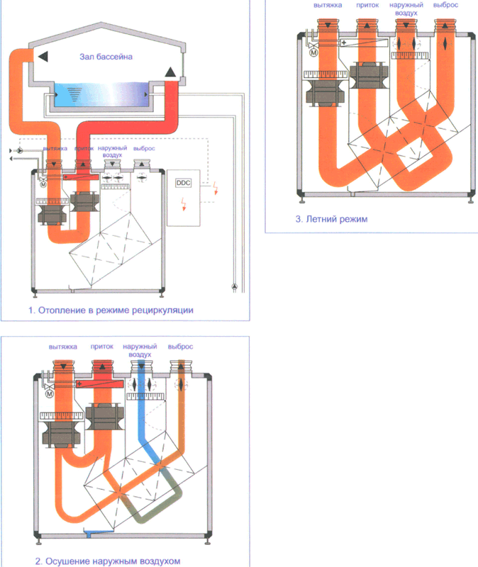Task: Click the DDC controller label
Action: click(183, 183)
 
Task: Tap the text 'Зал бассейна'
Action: click(106, 57)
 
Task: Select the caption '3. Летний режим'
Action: click(331, 219)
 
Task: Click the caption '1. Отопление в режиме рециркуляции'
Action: click(111, 310)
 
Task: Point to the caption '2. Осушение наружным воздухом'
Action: click(108, 561)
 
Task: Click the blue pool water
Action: click(101, 94)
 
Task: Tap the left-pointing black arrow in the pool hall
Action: click(43, 57)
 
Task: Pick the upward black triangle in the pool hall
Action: click(170, 72)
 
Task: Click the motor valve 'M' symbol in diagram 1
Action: click(43, 185)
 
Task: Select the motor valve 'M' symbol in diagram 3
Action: click(313, 52)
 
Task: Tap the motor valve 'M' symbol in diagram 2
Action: click(49, 393)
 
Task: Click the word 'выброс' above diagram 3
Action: click(446, 5)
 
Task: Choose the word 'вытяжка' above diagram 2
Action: click(63, 347)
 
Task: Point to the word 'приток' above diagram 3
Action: click(367, 6)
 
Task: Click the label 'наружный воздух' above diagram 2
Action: click(140, 350)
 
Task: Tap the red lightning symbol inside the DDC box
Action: click(184, 204)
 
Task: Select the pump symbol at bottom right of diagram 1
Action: click(235, 287)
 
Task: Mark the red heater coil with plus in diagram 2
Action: click(99, 383)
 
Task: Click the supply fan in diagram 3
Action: click(367, 75)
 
